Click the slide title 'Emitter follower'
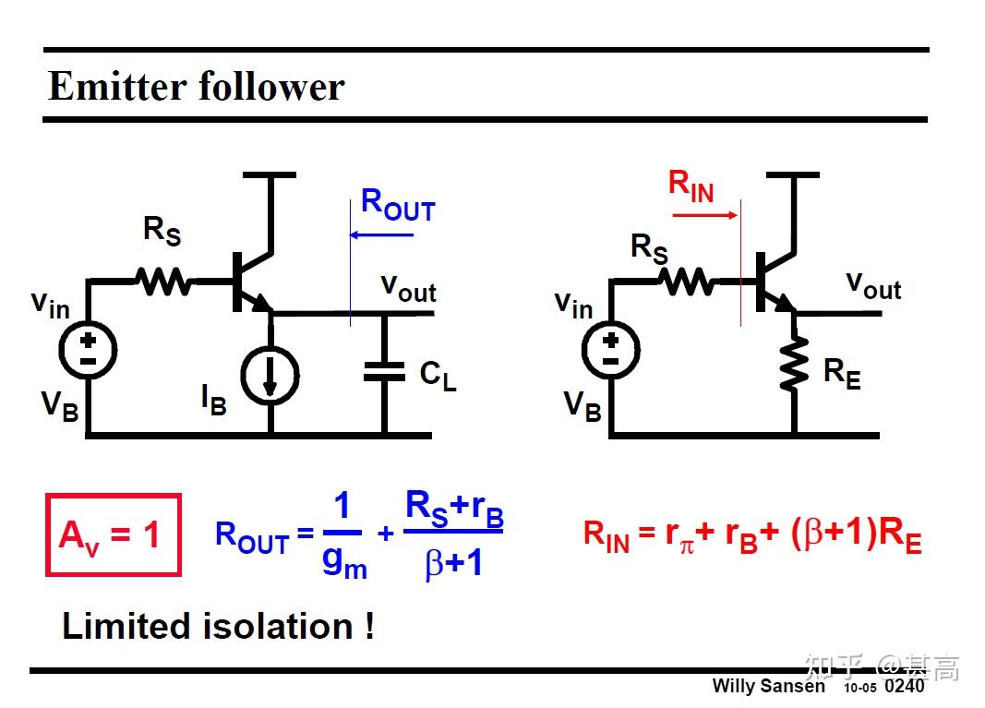tap(196, 87)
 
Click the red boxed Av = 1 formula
tap(113, 534)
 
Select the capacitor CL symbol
tap(384, 372)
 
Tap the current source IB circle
tap(270, 375)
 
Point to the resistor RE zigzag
tap(794, 362)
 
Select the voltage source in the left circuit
tap(88, 350)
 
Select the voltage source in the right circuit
tap(610, 350)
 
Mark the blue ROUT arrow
tap(381, 235)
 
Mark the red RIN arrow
tap(704, 216)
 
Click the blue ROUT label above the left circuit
tap(397, 204)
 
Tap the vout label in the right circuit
tap(873, 284)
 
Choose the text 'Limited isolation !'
tap(218, 626)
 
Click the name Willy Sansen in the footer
tap(768, 686)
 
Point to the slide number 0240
tap(904, 686)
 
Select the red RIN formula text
tap(751, 535)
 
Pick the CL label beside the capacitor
tap(438, 375)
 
